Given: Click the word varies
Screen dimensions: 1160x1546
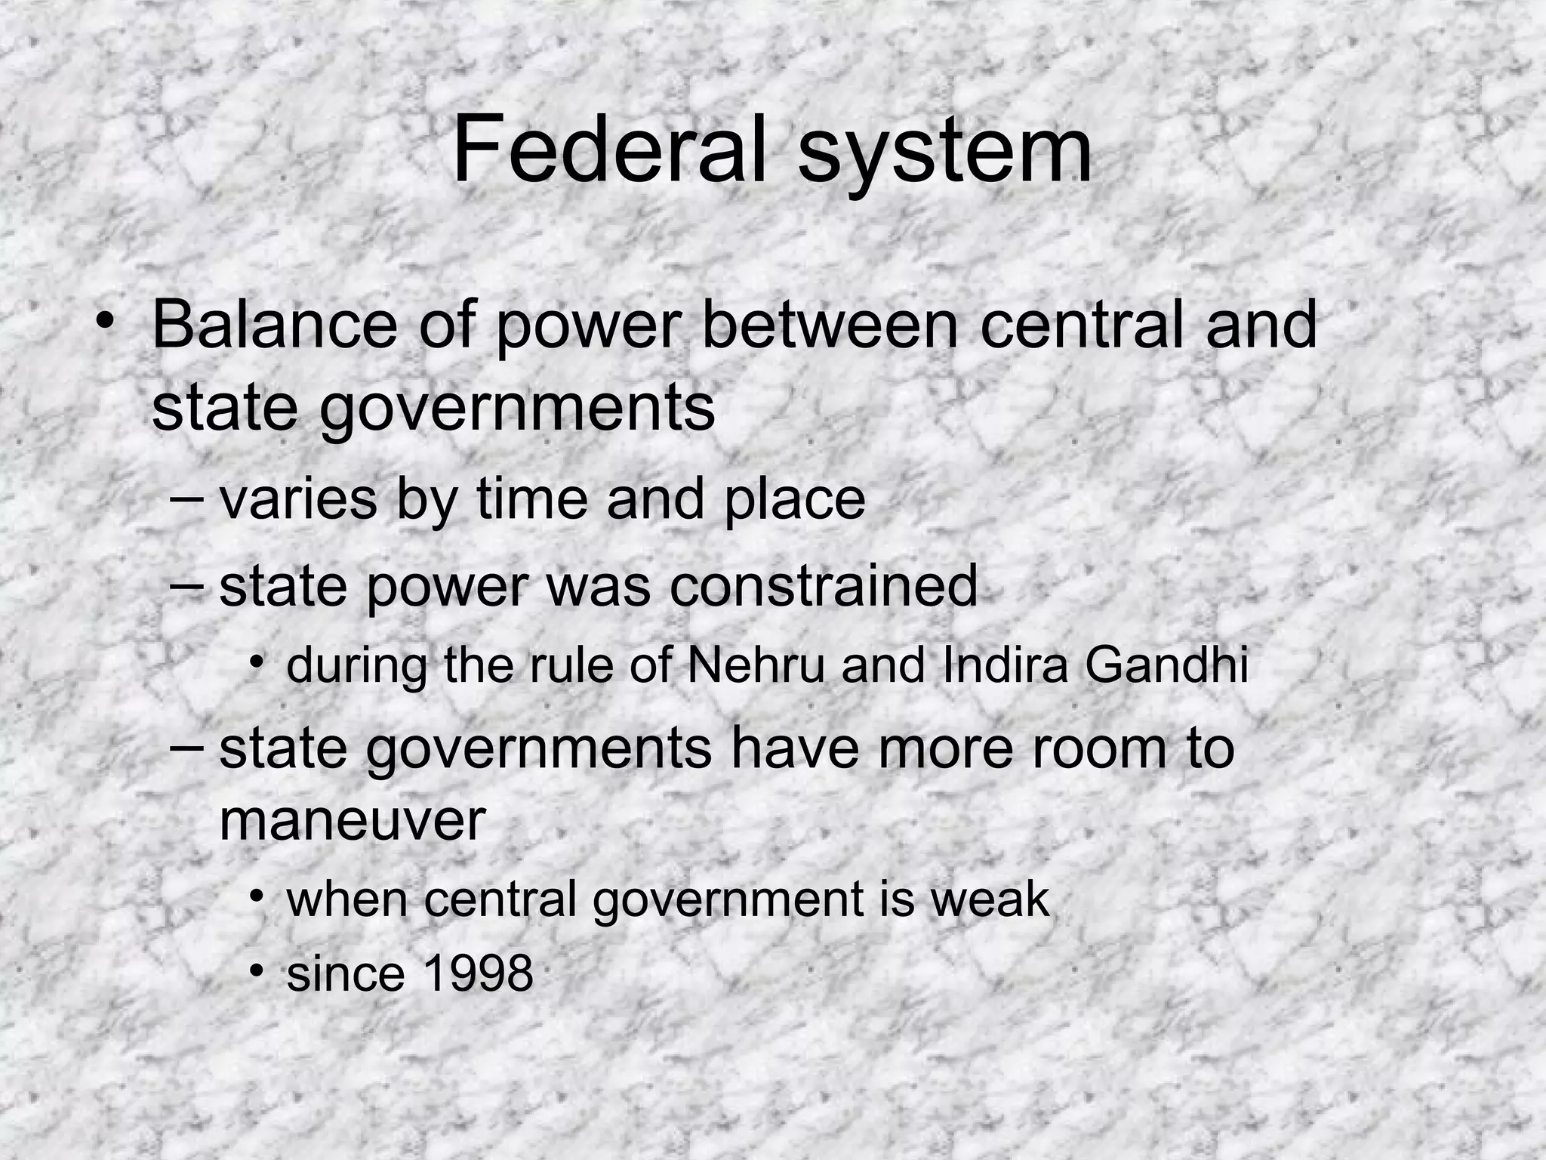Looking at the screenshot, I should coord(297,499).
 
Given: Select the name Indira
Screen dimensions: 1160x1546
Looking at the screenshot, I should coord(1005,665).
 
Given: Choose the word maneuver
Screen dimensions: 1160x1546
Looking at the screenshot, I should coord(352,821).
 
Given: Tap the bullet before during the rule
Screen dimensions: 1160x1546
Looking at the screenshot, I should coord(258,662).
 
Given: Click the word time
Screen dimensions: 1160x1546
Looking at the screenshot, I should coord(531,499).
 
